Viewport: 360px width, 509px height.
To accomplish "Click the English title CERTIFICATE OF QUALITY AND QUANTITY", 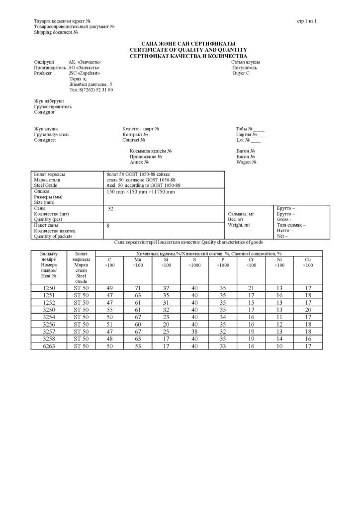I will coord(188,50).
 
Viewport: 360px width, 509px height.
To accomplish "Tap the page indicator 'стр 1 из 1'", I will coord(307,21).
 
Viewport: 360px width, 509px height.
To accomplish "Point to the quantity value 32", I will coord(111,209).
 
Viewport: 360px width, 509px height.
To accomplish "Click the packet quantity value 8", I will coord(108,226).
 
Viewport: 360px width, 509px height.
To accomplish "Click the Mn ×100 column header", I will coord(138,262).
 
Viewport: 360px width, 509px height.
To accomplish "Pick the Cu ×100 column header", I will coord(308,262).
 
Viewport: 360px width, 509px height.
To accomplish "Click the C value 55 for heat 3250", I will coord(109,310).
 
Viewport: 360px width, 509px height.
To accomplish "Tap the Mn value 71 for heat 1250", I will coord(138,288).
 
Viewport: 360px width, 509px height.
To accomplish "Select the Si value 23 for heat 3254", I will coord(166,317).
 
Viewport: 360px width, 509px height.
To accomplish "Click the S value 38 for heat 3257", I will coord(194,331).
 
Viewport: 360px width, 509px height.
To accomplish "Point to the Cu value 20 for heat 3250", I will coord(308,310).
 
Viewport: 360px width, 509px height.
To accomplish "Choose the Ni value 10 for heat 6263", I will coord(279,346).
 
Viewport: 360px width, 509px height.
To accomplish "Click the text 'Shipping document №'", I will coord(56,32).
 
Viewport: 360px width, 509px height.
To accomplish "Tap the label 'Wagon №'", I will coord(246,162).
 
